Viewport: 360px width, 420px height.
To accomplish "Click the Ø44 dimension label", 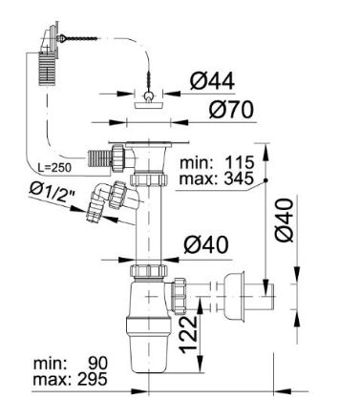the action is click(x=212, y=81).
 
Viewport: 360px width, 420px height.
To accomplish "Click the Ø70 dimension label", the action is click(x=231, y=110).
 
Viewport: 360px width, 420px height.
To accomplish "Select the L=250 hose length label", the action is click(x=54, y=167).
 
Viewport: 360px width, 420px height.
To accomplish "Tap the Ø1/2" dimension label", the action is click(x=53, y=193).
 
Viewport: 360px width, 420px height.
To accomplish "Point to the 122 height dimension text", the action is click(x=189, y=334).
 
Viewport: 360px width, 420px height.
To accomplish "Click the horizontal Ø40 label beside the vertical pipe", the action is click(x=206, y=245).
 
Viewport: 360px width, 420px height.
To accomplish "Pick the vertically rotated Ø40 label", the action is click(x=284, y=220).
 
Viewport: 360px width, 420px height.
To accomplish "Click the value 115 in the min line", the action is click(x=240, y=162).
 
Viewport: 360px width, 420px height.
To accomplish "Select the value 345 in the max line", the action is click(x=239, y=178).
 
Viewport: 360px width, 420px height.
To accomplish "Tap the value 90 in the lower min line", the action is click(x=98, y=364).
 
